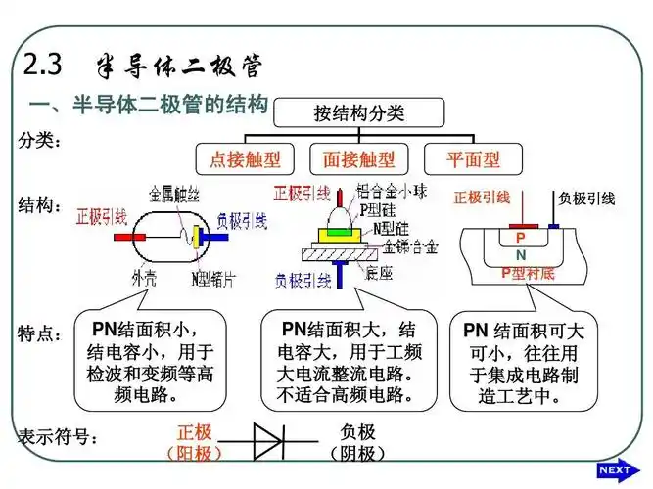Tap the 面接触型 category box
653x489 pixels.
pos(359,158)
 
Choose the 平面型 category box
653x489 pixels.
pos(472,158)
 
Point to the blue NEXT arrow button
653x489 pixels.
pos(616,470)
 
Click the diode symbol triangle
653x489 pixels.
pos(267,440)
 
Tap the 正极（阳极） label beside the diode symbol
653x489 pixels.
pos(194,442)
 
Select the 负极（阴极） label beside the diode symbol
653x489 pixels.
pos(358,442)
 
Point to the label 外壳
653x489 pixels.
pos(144,277)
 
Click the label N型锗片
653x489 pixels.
pos(214,277)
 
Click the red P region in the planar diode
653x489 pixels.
pos(521,238)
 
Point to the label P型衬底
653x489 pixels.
pos(528,273)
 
